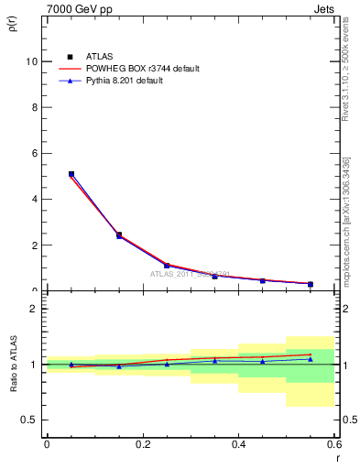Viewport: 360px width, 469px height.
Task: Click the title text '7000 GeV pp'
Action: (74, 8)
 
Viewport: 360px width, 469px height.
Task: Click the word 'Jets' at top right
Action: (322, 8)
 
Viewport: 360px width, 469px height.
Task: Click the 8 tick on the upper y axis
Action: (34, 107)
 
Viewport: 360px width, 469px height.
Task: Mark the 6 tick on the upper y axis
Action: (34, 153)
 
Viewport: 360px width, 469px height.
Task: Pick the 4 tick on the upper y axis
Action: (34, 199)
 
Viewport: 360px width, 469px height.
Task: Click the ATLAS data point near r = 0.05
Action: (71, 174)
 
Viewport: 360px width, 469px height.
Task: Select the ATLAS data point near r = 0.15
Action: (119, 235)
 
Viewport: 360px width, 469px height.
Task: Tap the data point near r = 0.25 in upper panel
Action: (167, 266)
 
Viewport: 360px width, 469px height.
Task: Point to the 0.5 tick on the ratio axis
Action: (29, 420)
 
